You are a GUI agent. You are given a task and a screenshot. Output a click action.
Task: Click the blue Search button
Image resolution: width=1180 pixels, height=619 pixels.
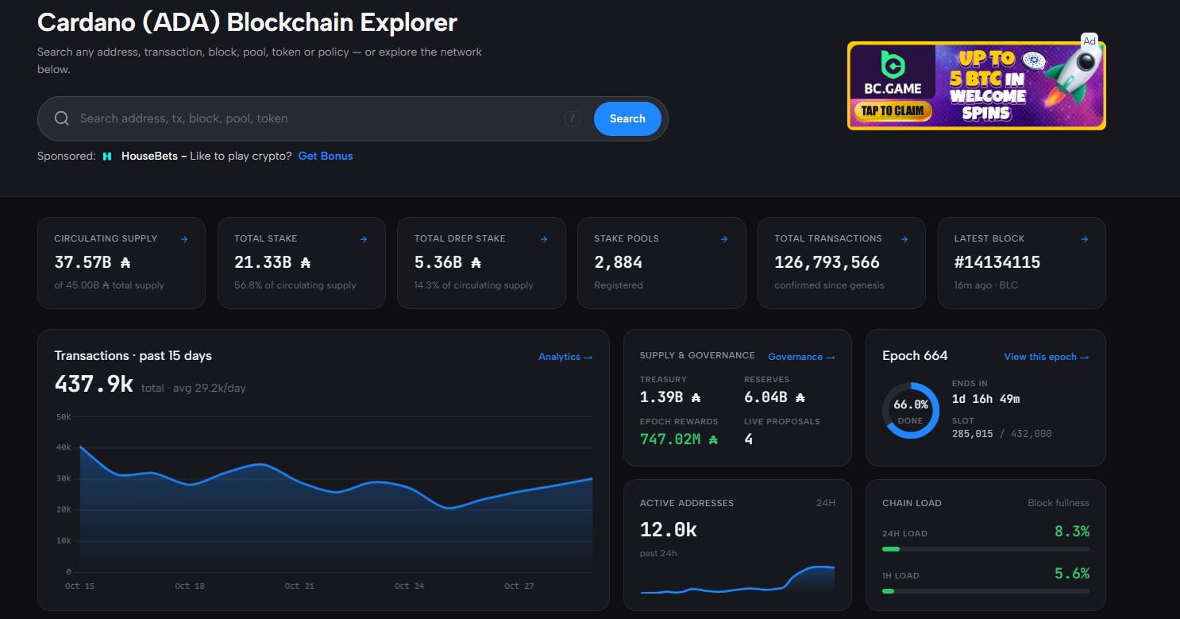tap(627, 118)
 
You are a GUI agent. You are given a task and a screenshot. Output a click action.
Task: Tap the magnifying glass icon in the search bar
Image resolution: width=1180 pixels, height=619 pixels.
tap(62, 118)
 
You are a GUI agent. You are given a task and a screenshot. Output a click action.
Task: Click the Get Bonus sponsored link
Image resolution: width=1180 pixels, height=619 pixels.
tap(326, 156)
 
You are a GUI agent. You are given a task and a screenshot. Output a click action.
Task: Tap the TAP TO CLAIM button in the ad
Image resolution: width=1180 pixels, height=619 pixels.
tap(893, 110)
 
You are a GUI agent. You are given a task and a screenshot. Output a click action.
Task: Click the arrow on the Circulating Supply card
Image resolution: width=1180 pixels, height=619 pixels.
tap(184, 239)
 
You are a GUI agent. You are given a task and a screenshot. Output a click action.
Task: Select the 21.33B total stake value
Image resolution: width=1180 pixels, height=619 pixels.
tap(272, 262)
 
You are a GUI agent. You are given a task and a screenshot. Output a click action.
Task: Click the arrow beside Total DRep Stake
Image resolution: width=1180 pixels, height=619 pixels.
tap(544, 239)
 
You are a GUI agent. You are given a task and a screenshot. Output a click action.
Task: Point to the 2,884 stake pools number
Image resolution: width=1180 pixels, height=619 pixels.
tap(619, 262)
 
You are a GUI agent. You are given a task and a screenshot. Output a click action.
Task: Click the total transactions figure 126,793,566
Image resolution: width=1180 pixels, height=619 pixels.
tap(827, 262)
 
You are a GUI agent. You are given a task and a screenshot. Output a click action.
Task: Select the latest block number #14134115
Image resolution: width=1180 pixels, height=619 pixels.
tap(997, 262)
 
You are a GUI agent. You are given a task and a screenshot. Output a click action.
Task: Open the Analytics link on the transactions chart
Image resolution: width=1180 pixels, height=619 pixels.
tap(565, 357)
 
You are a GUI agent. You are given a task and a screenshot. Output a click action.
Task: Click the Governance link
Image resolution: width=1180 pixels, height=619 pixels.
tap(801, 357)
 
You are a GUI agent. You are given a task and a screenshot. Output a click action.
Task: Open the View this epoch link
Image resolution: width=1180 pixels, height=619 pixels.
tap(1046, 357)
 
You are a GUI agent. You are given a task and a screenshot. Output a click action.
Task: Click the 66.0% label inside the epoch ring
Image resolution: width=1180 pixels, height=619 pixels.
tap(911, 404)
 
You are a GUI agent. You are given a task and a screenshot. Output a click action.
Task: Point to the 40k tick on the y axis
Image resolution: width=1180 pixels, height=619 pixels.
tap(64, 447)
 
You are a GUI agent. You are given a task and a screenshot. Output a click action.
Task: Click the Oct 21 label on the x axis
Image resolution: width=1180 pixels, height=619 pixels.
tap(299, 586)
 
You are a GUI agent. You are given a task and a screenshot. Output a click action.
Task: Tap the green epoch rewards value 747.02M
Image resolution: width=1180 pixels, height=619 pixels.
tap(678, 439)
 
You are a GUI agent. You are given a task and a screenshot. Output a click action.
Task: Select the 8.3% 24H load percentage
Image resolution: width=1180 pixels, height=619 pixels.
tap(1071, 531)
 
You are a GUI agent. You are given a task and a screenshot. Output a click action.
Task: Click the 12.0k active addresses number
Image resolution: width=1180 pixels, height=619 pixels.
tap(668, 529)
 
